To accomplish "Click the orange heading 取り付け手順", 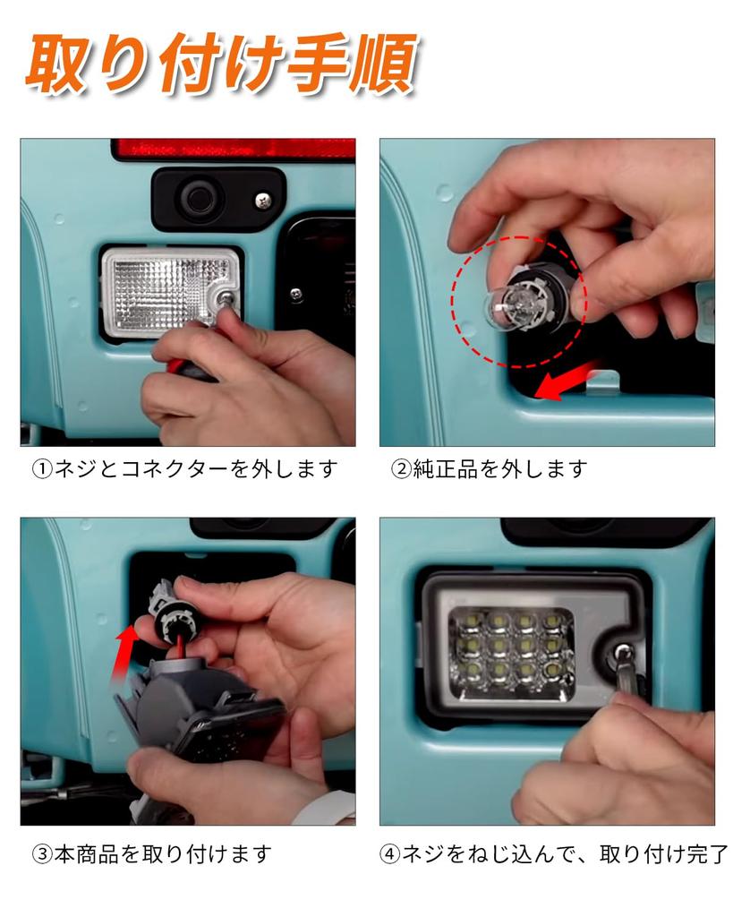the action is [221, 64].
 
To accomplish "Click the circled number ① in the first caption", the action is [42, 468].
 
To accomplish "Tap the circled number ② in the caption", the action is [402, 468].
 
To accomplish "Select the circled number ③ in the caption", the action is [42, 854].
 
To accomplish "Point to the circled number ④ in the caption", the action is [390, 854].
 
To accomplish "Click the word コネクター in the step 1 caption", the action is [175, 468].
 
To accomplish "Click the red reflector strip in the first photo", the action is [234, 149].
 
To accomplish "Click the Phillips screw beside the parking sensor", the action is [263, 201].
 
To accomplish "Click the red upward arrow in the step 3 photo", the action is [124, 653].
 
